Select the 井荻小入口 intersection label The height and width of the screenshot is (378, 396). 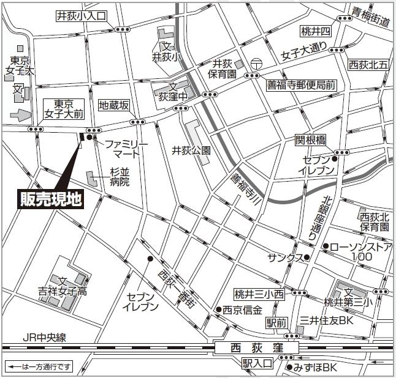(81, 16)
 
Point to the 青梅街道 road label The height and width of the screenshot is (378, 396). (371, 17)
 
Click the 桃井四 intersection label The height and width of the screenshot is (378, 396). (316, 31)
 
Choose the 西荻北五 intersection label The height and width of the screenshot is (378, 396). (368, 64)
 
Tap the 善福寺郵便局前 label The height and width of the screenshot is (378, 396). (301, 86)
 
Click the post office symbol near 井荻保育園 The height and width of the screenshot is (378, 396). (256, 63)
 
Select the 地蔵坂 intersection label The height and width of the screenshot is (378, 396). (115, 105)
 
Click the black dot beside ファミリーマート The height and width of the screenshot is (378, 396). (89, 138)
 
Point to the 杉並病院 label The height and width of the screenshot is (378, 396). (120, 177)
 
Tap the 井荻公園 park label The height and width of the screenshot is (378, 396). (191, 150)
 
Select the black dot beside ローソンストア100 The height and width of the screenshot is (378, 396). (324, 247)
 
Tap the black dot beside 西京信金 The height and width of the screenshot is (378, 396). (218, 309)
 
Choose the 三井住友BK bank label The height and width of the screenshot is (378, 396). (327, 321)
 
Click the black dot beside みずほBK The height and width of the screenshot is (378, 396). (289, 368)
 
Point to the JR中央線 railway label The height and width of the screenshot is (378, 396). (44, 337)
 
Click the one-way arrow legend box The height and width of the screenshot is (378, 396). (39, 367)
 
